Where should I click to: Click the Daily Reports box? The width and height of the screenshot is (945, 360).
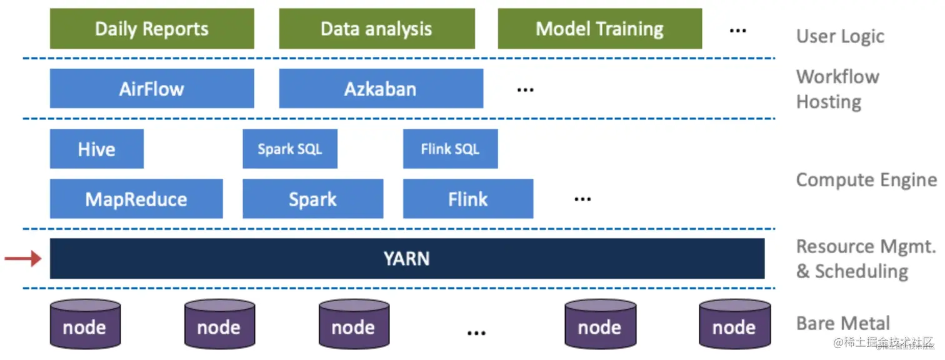tap(152, 29)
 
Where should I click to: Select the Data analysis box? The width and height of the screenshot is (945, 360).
tap(376, 29)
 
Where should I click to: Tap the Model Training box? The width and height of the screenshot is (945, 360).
tap(599, 29)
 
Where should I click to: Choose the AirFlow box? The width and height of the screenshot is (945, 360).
tap(152, 89)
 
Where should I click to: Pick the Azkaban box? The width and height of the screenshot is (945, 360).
tap(381, 89)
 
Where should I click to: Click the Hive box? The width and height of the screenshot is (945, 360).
tap(97, 149)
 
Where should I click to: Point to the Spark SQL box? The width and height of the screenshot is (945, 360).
tap(290, 149)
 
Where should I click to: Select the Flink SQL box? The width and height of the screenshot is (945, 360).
tap(450, 149)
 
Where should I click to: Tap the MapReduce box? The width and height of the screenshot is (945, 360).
tap(136, 199)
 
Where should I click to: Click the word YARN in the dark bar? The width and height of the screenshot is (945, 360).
tap(407, 259)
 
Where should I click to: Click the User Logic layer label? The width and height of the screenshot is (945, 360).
tap(840, 36)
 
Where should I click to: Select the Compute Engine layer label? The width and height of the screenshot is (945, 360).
tap(866, 180)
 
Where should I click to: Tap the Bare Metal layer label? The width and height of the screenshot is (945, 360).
tap(843, 323)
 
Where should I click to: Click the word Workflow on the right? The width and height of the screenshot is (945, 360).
tap(837, 77)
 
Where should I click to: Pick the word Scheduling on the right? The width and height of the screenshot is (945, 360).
tap(860, 271)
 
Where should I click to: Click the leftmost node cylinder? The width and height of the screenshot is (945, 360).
tap(85, 324)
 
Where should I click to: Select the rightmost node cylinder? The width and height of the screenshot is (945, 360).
tap(734, 324)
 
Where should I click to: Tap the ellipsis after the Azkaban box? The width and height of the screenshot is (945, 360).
tap(525, 90)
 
